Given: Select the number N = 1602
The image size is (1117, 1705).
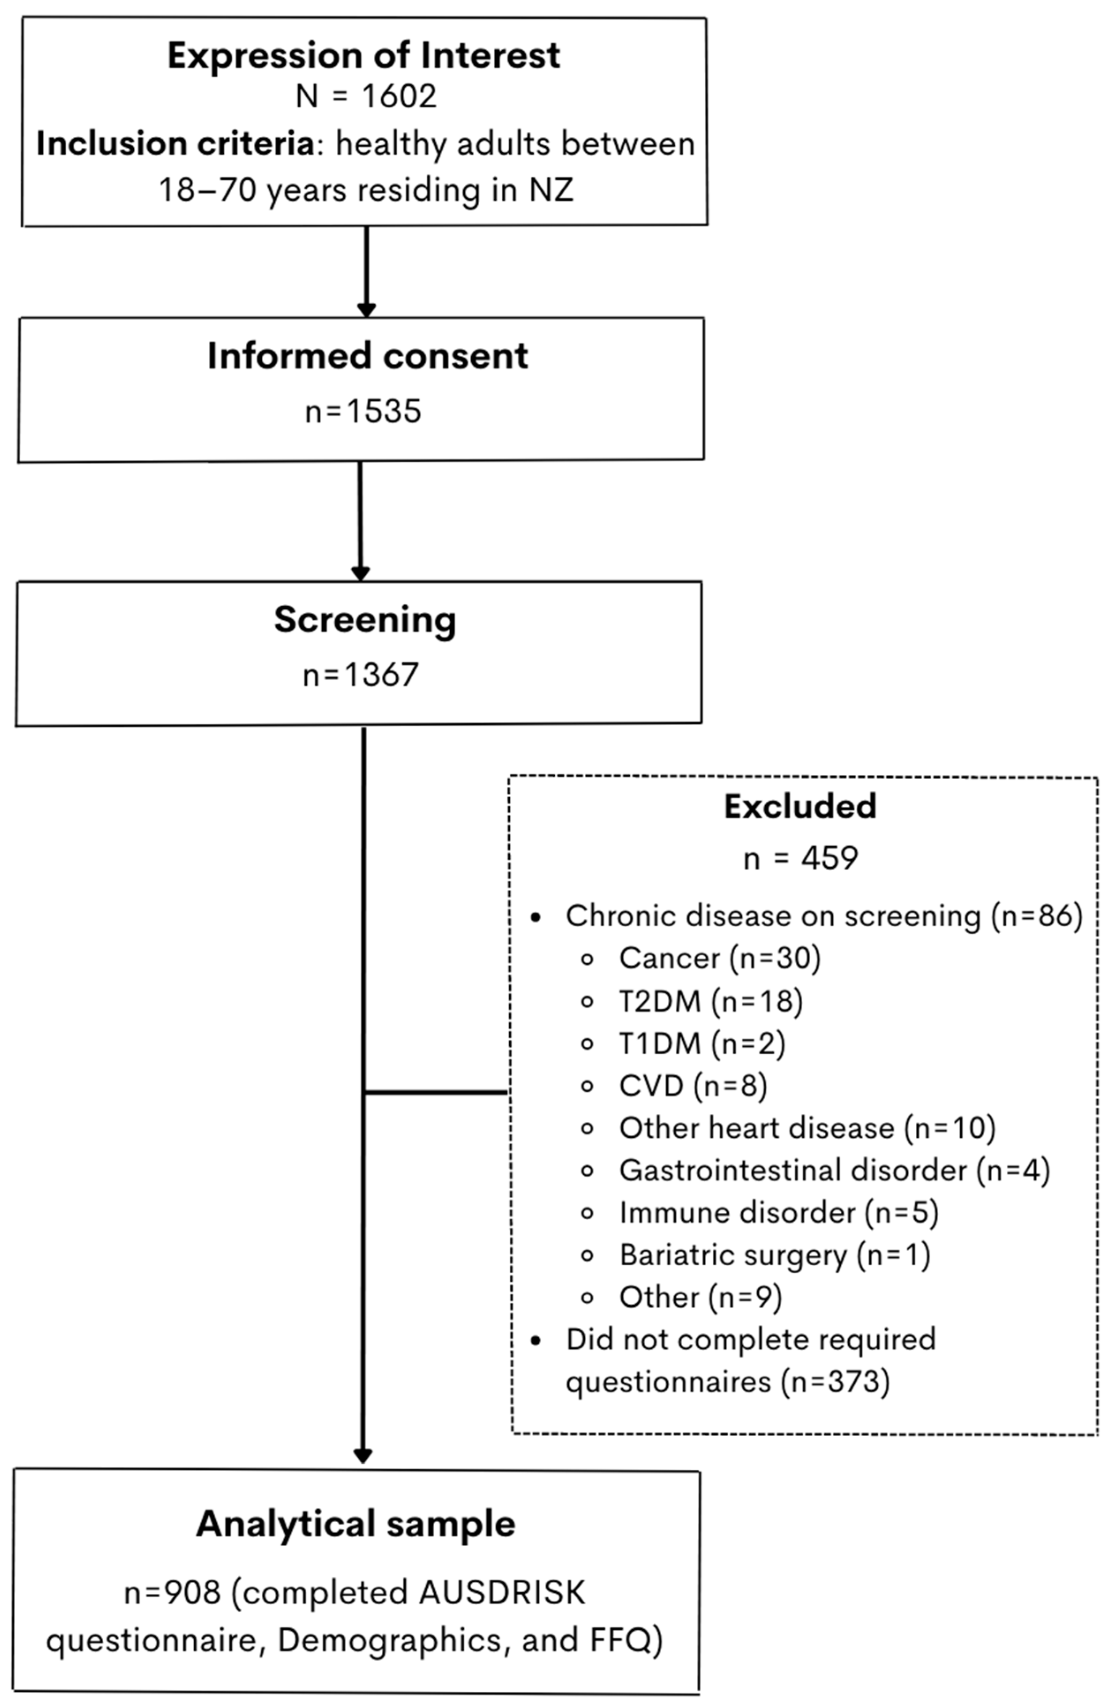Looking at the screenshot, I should click(x=366, y=96).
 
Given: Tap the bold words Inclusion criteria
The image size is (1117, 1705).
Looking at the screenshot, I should click(x=175, y=144).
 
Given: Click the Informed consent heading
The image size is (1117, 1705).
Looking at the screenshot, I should click(x=367, y=356).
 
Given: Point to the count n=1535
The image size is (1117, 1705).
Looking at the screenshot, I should click(x=363, y=411).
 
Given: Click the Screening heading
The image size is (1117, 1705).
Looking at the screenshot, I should click(x=365, y=620).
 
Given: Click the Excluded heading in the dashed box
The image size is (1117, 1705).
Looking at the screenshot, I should click(x=800, y=806).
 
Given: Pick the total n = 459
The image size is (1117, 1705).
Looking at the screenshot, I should click(x=801, y=857).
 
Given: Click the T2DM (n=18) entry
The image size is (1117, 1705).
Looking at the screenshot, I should click(x=710, y=1001).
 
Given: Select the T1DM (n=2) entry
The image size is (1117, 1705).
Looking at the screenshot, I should click(x=702, y=1043).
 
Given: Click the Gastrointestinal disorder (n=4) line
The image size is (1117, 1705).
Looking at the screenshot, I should click(x=834, y=1170).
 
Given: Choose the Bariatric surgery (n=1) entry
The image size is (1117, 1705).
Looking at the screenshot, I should click(x=774, y=1255).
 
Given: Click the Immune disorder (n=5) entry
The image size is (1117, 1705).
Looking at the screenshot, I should click(x=779, y=1212).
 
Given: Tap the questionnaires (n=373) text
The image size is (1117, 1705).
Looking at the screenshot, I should click(x=727, y=1381).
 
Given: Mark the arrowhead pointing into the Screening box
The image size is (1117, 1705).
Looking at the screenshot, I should click(x=360, y=573).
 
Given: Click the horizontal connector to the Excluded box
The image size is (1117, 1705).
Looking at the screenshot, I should click(x=437, y=1092).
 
